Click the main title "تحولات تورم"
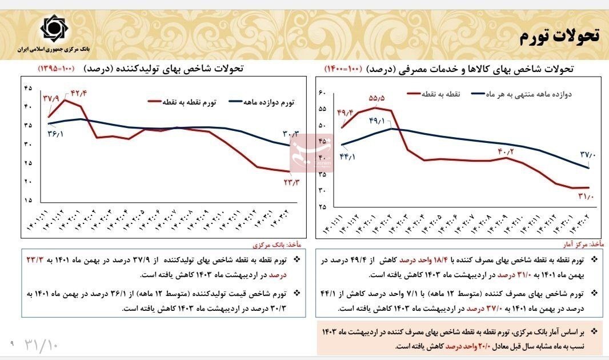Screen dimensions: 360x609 point(559,36)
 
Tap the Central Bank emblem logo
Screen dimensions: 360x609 point(54,29)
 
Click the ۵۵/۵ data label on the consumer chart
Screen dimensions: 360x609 point(376,98)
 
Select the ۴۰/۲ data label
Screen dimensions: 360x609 point(506,151)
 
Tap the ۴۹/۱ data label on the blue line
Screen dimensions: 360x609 point(378,121)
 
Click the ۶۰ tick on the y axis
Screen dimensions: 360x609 point(321,93)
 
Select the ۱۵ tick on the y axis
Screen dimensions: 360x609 point(28,201)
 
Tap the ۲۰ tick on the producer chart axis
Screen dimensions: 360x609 point(28,182)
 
